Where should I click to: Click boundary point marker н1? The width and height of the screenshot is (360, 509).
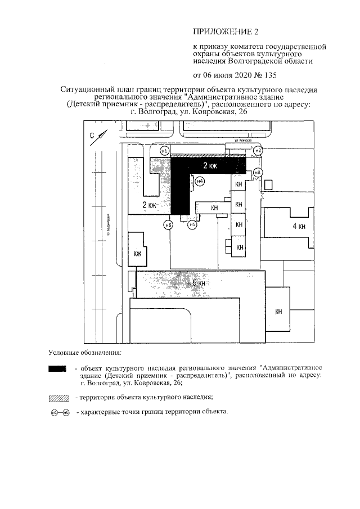164,151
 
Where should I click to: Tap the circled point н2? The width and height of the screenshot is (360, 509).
258,150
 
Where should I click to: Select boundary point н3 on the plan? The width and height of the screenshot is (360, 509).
258,172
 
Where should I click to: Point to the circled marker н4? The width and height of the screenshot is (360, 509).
200,181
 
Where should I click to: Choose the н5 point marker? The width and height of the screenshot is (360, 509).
192,225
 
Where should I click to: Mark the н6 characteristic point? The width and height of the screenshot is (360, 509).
168,226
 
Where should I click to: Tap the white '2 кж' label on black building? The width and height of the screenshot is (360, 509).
209,165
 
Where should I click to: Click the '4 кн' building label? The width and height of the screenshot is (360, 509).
298,226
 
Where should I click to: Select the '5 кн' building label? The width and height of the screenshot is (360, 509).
200,283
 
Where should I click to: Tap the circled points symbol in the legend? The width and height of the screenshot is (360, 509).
59,413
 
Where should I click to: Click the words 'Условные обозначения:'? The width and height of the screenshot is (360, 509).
84,353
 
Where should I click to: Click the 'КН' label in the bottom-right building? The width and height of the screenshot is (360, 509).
278,312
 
